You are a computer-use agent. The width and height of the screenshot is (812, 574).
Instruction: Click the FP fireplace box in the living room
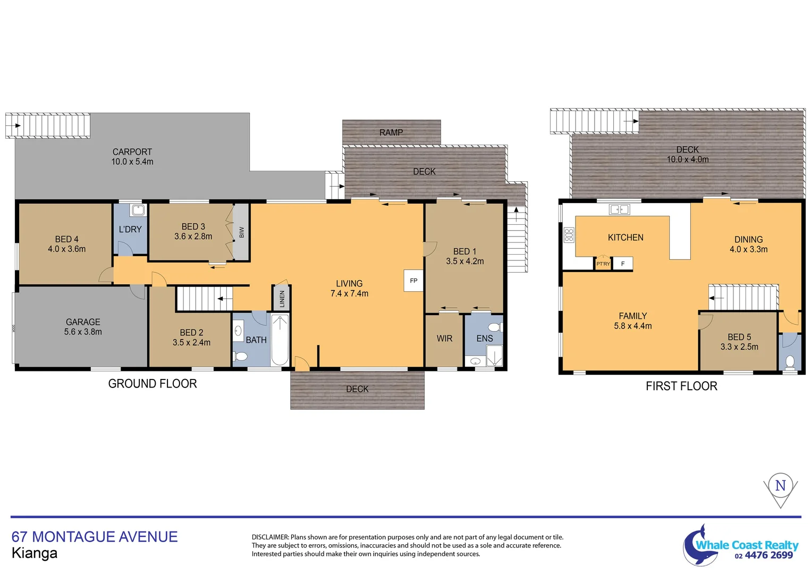(x=413, y=281)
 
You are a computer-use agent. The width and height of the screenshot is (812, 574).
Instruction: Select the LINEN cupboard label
(x=282, y=299)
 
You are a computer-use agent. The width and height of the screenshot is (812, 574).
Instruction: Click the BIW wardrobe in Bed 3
(x=241, y=232)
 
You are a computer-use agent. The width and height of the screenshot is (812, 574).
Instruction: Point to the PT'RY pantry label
(x=603, y=264)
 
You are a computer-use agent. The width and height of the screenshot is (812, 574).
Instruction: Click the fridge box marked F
(x=623, y=264)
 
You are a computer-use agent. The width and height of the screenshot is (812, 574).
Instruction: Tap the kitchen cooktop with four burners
(x=569, y=235)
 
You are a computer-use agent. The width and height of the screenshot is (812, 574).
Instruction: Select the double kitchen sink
(x=619, y=209)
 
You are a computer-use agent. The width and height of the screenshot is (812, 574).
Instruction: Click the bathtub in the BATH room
(x=280, y=340)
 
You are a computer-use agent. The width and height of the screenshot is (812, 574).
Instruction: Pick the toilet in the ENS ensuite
(x=495, y=327)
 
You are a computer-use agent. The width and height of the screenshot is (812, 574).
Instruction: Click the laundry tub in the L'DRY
(x=138, y=210)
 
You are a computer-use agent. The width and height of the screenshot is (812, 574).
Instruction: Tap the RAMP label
(x=391, y=132)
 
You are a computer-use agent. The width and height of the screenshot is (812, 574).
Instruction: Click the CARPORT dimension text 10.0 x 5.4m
(x=132, y=162)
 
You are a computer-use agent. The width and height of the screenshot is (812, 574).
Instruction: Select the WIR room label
(x=444, y=339)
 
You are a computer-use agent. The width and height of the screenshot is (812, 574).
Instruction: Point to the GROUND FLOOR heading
(x=153, y=384)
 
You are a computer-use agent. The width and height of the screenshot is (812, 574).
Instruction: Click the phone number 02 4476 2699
(x=764, y=555)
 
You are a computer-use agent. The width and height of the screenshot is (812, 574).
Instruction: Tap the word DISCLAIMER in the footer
(x=270, y=537)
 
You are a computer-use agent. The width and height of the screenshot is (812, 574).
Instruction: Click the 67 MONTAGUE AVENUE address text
(x=95, y=537)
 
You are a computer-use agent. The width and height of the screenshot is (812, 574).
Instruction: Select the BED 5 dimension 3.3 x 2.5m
(x=739, y=347)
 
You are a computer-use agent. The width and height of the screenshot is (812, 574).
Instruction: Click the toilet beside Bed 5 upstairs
(x=790, y=361)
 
